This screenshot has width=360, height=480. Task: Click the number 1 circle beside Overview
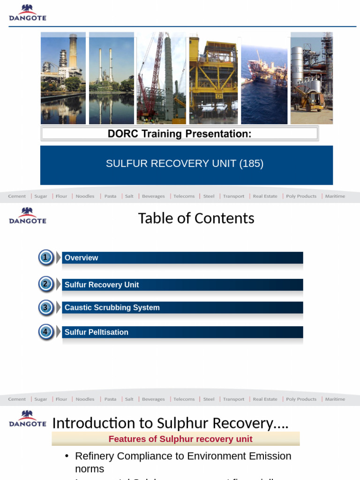pyautogui.click(x=45, y=257)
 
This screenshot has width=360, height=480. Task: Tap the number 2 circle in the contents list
pyautogui.click(x=45, y=284)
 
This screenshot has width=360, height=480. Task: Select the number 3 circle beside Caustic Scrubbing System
pyautogui.click(x=45, y=307)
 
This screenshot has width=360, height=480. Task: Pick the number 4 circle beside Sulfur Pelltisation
pyautogui.click(x=45, y=332)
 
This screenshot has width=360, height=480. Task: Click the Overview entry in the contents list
pyautogui.click(x=81, y=258)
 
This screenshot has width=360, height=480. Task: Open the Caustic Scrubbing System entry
pyautogui.click(x=112, y=307)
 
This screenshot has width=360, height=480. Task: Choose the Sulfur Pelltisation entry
pyautogui.click(x=96, y=332)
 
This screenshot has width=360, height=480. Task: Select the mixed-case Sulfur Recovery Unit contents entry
pyautogui.click(x=102, y=285)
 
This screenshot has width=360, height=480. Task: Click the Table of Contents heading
pyautogui.click(x=196, y=218)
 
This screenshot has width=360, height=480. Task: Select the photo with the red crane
pyautogui.click(x=161, y=78)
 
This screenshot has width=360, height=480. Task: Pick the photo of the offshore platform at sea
pyautogui.click(x=264, y=78)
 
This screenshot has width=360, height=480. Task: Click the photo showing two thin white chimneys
pyautogui.click(x=111, y=78)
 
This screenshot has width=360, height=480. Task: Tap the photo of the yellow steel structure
pyautogui.click(x=213, y=78)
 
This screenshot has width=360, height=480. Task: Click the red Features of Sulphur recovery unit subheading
pyautogui.click(x=180, y=439)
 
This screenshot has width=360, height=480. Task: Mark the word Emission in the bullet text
pyautogui.click(x=268, y=456)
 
